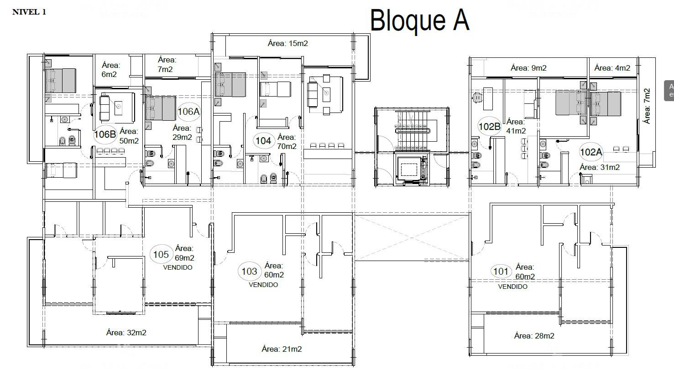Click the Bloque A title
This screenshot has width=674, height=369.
pos(420,20)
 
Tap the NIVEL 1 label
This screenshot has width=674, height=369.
pos(29,12)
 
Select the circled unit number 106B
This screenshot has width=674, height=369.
pos(105,134)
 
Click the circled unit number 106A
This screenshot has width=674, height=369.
pos(188,112)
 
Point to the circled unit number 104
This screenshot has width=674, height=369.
pos(264,141)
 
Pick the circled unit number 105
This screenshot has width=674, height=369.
pos(161,255)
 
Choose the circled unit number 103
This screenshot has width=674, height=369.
pos(249,272)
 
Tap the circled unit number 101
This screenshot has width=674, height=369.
pos(501,272)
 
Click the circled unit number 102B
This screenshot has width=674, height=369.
pos(490,127)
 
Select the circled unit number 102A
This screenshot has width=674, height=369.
pos(591,152)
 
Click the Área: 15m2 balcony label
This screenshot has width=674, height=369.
pos(288,44)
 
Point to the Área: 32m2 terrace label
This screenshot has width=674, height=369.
pos(126,333)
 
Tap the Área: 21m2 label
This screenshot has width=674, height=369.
pos(282,349)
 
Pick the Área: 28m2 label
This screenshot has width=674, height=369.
pos(534,336)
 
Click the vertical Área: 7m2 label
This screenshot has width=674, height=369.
pos(647,106)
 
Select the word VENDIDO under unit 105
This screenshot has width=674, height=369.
pos(178,267)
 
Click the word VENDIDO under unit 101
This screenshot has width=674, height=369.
pos(513,287)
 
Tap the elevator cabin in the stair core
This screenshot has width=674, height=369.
pos(409,170)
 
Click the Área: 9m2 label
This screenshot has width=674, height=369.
pos(529,68)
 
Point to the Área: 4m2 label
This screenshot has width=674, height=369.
pos(612,68)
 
